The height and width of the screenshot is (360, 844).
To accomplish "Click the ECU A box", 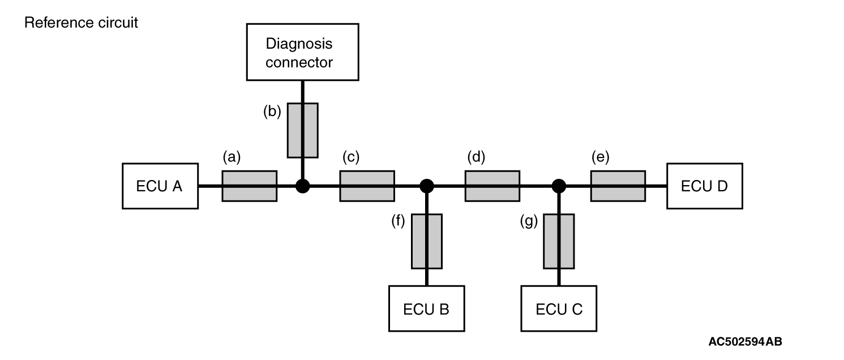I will [x=160, y=186].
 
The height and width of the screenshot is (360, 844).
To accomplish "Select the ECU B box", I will [x=426, y=308].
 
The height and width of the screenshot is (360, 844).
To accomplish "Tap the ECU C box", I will [x=559, y=308].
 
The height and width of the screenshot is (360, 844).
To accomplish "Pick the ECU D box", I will [x=704, y=186].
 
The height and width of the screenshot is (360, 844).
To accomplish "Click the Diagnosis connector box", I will [x=302, y=52].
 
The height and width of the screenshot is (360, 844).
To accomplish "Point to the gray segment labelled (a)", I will [x=249, y=186].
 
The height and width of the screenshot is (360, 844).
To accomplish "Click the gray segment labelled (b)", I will [x=302, y=130].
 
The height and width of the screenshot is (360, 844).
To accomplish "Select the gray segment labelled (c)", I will [x=367, y=186].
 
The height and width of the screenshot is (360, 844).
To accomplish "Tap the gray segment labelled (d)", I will [x=492, y=186].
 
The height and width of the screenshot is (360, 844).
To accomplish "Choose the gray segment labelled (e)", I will [x=618, y=186].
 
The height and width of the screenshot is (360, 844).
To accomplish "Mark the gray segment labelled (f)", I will [x=426, y=241].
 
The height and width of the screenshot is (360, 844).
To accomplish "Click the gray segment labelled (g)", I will [x=559, y=241].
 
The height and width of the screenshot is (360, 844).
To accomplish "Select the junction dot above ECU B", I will [x=427, y=186].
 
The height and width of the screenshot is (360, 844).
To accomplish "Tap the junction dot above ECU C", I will [x=559, y=186].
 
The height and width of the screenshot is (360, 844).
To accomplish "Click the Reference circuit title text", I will [x=81, y=23].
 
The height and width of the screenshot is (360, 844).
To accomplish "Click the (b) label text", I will [x=272, y=112].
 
